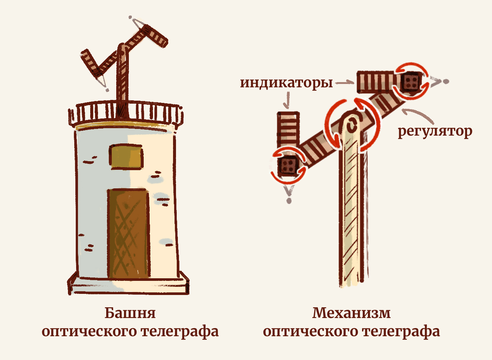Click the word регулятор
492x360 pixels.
(x=435, y=132)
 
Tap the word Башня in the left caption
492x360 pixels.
(x=130, y=313)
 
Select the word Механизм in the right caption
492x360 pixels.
(x=351, y=313)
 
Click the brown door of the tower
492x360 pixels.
(x=129, y=233)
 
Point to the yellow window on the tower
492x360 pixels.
(x=126, y=157)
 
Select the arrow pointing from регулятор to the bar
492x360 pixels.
(x=417, y=115)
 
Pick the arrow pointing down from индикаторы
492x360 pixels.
(x=287, y=100)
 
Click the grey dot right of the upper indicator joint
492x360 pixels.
(x=446, y=81)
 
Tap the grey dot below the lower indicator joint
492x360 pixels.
(x=289, y=201)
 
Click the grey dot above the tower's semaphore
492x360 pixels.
(x=130, y=17)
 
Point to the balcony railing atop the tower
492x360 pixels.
(x=126, y=113)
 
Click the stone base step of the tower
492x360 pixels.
(x=129, y=286)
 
